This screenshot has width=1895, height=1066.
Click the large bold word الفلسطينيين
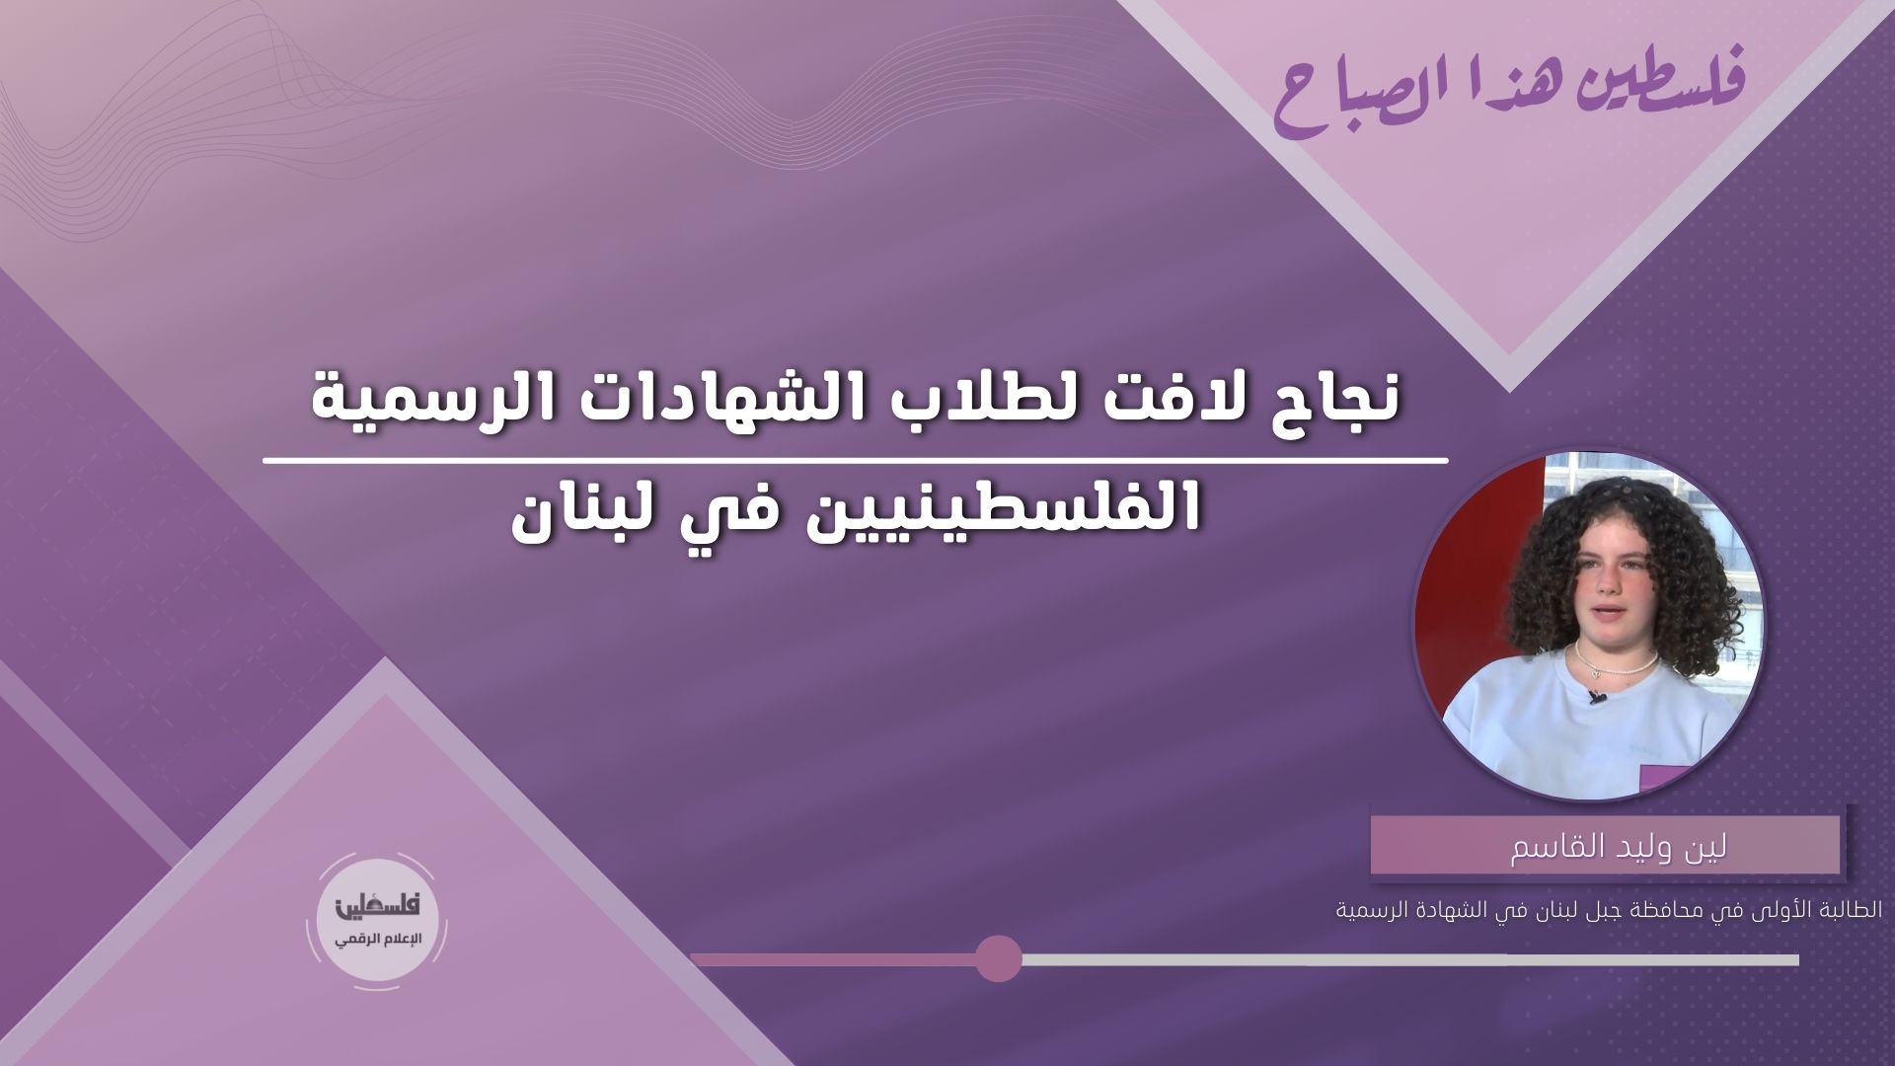coord(987,507)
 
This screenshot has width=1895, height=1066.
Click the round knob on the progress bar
coord(998,958)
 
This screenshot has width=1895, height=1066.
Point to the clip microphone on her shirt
coord(1596,698)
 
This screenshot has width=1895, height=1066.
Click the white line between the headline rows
coord(857,460)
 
